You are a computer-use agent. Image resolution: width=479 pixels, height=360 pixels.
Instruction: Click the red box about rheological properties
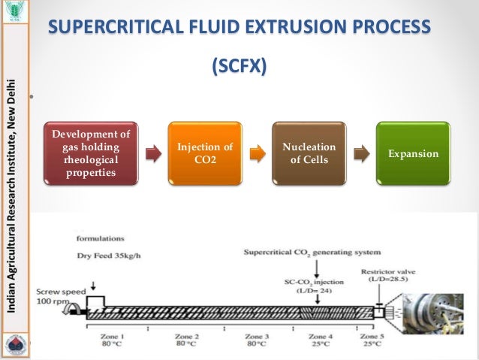[x=91, y=153]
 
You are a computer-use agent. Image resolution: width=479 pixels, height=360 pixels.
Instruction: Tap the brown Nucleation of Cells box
[x=308, y=153]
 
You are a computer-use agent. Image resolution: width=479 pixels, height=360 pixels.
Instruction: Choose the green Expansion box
[x=412, y=153]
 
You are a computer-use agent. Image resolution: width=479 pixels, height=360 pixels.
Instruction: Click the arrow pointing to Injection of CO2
[x=152, y=154]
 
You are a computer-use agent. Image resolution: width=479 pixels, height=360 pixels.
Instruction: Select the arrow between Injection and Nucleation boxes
[x=257, y=154]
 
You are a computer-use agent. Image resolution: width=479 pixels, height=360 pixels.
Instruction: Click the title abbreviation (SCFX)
[x=239, y=66]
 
